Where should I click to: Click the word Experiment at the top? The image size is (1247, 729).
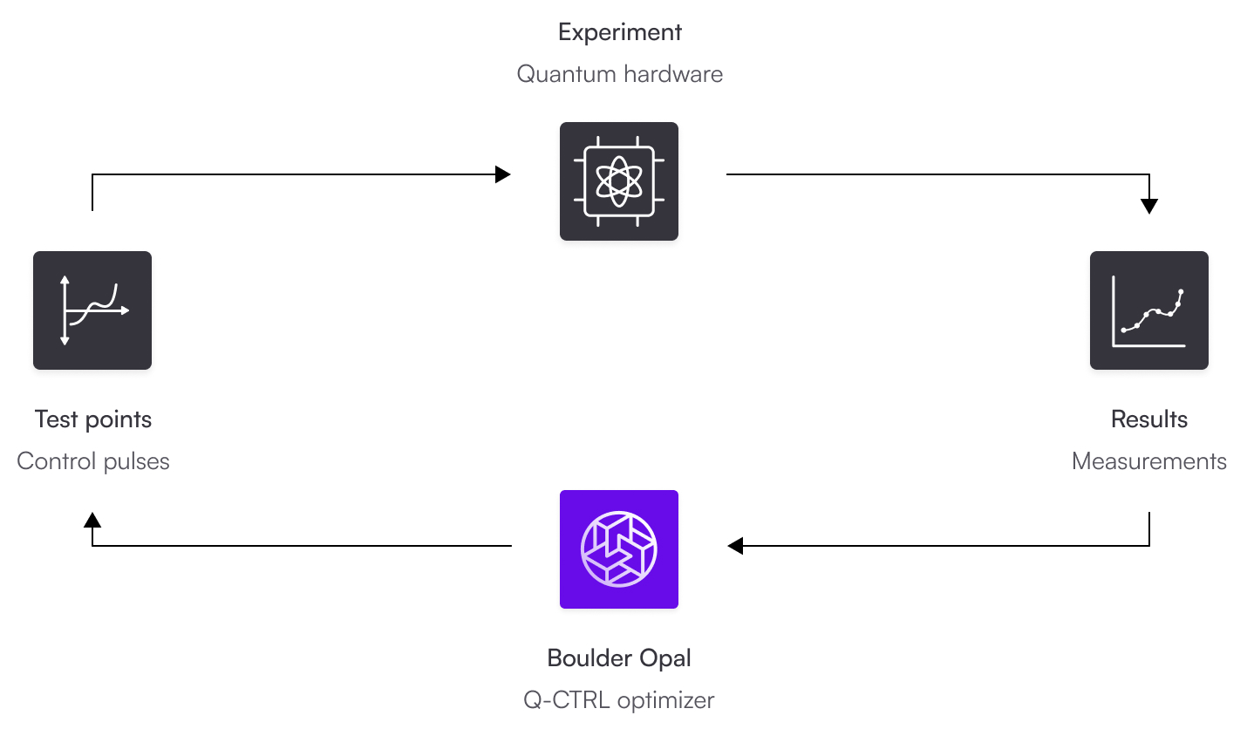pos(619,32)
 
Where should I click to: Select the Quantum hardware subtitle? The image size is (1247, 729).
pos(619,74)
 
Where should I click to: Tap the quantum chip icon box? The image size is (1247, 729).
pos(619,181)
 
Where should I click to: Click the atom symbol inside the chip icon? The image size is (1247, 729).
pos(619,181)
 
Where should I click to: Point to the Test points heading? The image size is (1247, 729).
pos(93,419)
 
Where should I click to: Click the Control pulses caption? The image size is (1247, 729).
pos(93,461)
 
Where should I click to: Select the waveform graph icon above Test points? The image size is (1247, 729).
pos(92,310)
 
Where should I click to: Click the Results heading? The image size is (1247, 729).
pos(1148,419)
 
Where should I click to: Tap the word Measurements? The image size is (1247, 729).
pos(1148,461)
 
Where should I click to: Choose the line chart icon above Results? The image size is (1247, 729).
pos(1148,310)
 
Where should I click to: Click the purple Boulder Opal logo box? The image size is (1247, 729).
pos(619,549)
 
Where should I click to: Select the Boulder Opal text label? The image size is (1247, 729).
pos(619,658)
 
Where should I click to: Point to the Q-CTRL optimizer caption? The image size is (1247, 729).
pos(619,700)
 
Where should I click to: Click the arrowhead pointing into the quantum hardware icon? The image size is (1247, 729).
pos(502,174)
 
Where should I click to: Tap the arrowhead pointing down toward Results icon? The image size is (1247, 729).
pos(1149,207)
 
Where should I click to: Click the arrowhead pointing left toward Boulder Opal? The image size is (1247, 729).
pos(735,546)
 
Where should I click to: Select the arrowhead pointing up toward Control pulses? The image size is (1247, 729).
pos(92,520)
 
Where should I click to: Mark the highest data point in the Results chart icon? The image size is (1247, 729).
pos(1181,291)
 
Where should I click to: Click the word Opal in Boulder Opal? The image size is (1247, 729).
pos(666,658)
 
